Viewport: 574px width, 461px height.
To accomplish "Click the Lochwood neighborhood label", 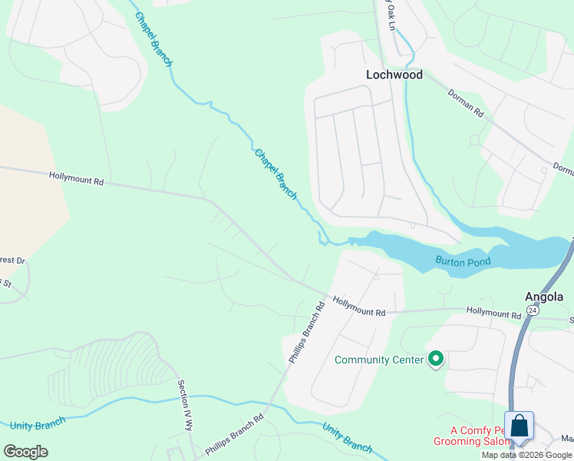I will [394, 75].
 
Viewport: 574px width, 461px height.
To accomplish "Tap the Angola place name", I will [544, 297].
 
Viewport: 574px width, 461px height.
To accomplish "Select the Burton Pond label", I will [463, 261].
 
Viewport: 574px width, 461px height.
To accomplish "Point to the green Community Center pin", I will [436, 359].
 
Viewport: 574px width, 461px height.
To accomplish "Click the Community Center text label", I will [380, 360].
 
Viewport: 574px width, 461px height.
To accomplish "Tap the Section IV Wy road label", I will [185, 406].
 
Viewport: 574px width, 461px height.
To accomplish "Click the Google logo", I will [25, 452].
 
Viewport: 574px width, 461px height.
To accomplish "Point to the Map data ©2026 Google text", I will [526, 455].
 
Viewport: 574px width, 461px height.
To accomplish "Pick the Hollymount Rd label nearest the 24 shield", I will [493, 313].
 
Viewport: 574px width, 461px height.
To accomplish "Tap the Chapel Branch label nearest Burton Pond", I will [275, 174].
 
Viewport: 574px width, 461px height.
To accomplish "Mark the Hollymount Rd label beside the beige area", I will [76, 178].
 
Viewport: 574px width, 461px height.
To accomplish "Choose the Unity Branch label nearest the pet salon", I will [347, 437].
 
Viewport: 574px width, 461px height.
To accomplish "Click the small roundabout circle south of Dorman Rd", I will [474, 141].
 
